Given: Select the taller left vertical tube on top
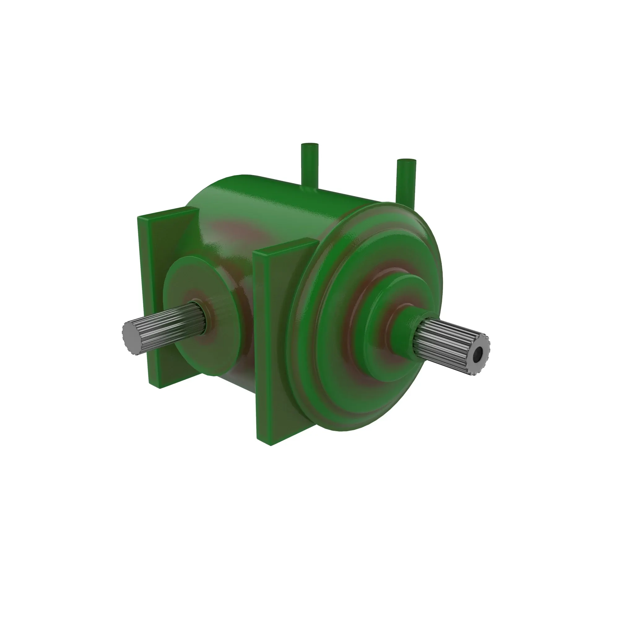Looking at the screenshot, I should (x=309, y=167).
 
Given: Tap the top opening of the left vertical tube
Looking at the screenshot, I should (x=309, y=145).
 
